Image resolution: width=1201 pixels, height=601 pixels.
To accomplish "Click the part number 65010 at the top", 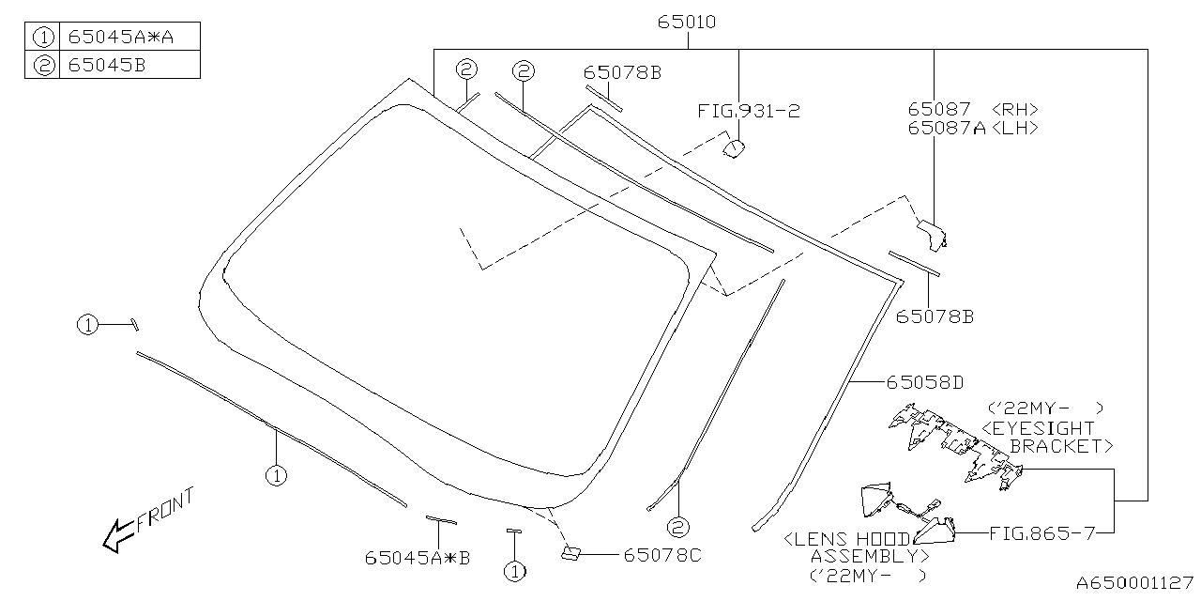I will click(x=688, y=22).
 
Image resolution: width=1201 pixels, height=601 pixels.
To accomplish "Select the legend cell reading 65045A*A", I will click(x=119, y=38).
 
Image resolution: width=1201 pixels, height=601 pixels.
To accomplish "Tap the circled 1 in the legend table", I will click(x=42, y=38).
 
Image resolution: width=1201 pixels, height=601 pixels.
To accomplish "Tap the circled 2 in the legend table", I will click(x=42, y=65).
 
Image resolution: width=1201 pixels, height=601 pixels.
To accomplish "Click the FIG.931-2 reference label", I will click(x=748, y=111).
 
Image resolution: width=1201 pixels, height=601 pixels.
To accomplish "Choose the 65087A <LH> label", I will click(x=972, y=129).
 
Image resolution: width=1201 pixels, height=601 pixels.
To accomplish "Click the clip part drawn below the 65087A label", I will click(x=932, y=234).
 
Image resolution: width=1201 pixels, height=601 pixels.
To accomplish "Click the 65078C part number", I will click(x=661, y=555).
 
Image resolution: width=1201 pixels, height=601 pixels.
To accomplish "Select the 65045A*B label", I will click(x=418, y=558).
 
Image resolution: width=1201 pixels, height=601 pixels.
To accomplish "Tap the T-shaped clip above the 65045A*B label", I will click(x=440, y=519).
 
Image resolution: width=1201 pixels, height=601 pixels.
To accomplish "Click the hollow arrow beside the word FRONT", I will click(x=117, y=536).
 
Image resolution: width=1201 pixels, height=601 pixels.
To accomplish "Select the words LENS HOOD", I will click(x=847, y=539).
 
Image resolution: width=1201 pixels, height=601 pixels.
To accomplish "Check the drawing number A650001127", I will click(x=1133, y=583).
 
